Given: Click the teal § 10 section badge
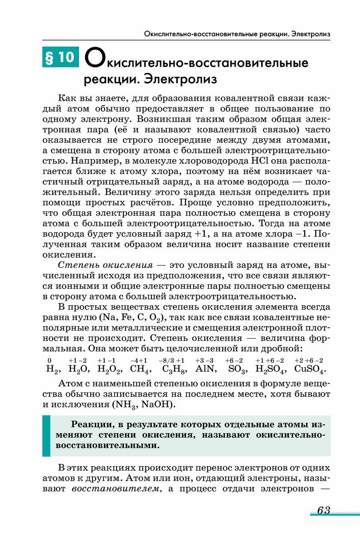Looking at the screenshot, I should [x=60, y=57].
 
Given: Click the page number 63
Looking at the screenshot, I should [x=323, y=510].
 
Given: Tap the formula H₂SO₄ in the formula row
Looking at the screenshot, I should [x=270, y=369].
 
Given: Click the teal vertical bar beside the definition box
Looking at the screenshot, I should [x=46, y=435].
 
